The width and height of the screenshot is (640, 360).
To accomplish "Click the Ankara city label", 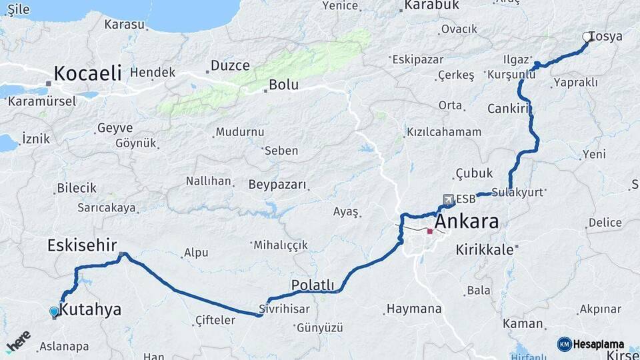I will tap(467, 221).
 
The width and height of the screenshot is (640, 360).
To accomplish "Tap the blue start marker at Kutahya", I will tap(54, 311).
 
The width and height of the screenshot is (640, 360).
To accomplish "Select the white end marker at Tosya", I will tap(587, 37).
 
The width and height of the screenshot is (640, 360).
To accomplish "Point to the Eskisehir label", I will tap(82, 245).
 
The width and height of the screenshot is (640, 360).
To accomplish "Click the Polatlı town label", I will tap(313, 285).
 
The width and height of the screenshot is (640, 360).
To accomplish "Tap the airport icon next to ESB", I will tap(449, 199).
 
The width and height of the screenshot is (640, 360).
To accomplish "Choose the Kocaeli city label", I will tap(87, 73).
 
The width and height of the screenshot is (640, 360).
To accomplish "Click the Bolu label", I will tap(283, 85).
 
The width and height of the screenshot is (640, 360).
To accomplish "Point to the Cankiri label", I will tap(508, 108).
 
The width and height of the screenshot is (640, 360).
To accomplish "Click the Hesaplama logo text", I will tap(595, 344).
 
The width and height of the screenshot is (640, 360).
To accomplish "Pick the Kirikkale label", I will tap(485, 250).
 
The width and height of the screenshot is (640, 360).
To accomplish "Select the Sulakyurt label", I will tap(519, 192).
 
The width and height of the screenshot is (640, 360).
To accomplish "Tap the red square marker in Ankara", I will tap(430, 232).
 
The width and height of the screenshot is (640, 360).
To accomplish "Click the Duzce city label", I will tap(230, 65).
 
